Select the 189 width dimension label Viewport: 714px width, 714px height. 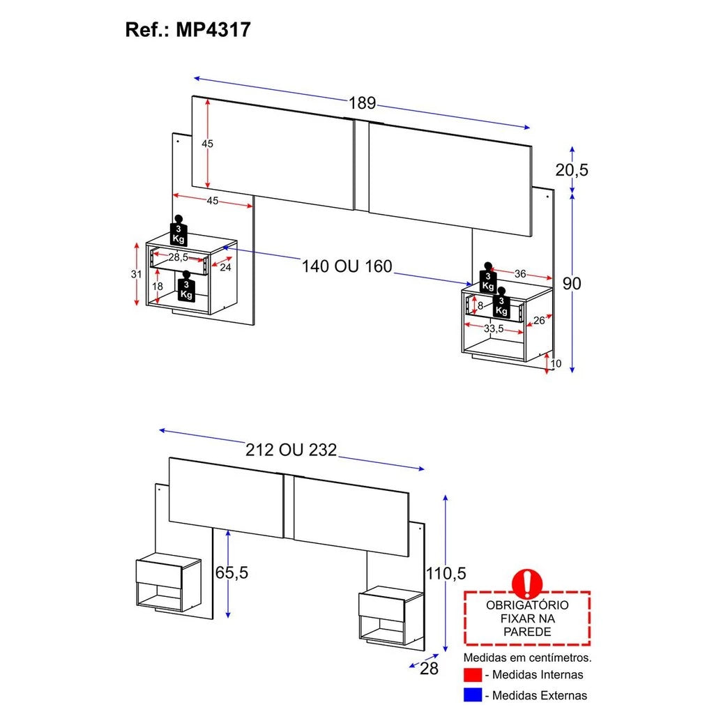(x=362, y=103)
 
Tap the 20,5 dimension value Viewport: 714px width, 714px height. (x=572, y=169)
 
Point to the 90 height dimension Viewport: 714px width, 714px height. (x=572, y=283)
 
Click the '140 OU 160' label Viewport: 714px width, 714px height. (x=347, y=266)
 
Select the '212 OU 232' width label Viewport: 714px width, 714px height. (x=291, y=450)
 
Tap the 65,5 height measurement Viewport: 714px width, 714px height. (x=231, y=572)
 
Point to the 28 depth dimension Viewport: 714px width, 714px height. (x=430, y=669)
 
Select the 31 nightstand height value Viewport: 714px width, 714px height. (x=137, y=274)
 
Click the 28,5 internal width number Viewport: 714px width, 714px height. (x=178, y=257)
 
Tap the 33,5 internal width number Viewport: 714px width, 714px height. (x=494, y=328)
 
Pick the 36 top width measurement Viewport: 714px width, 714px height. (x=520, y=274)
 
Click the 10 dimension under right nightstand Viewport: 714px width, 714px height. (x=555, y=363)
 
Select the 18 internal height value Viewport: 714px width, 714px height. (x=158, y=287)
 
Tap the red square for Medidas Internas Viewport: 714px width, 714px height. (x=473, y=675)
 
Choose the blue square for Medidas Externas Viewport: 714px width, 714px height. (x=473, y=695)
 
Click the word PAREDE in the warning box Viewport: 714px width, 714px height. (x=526, y=632)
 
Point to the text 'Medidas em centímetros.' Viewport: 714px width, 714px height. (x=527, y=657)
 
